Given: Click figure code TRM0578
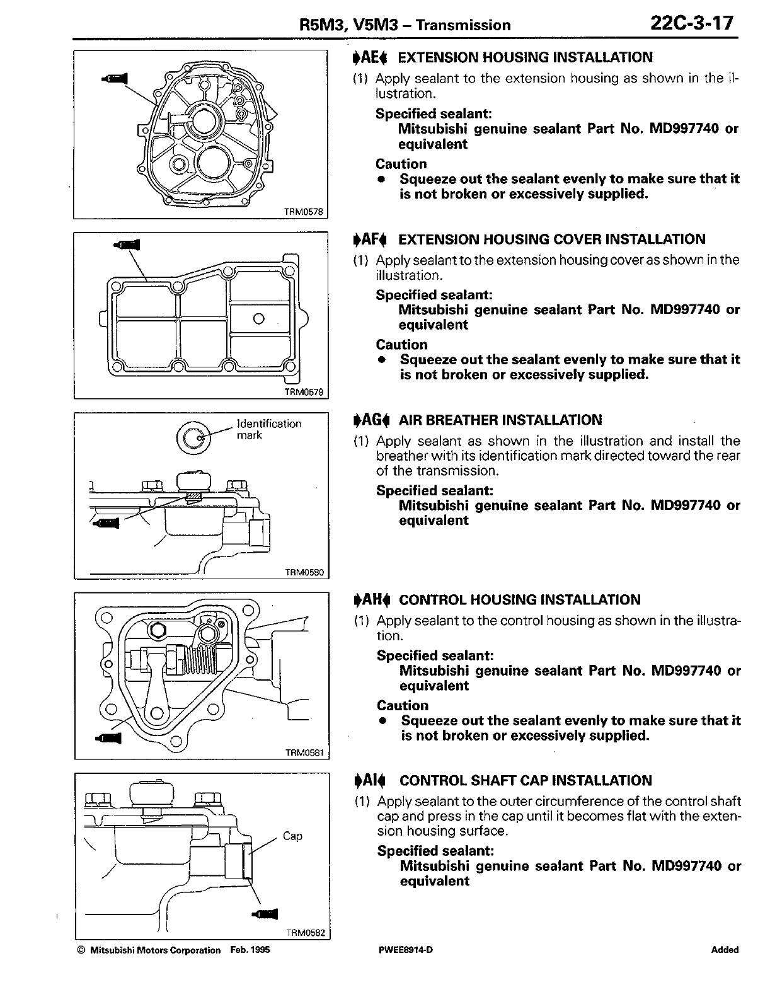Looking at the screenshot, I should [x=306, y=212].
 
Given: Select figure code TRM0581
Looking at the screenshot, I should [x=304, y=752].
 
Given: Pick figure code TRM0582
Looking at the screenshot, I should [x=305, y=933].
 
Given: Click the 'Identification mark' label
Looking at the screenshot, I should [x=268, y=429].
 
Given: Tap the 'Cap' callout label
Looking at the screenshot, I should [x=292, y=836].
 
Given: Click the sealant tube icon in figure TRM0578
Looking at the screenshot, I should [x=114, y=78].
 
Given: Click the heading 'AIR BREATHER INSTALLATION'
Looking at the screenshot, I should [x=500, y=420].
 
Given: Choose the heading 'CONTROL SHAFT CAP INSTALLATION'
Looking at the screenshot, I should [x=526, y=781].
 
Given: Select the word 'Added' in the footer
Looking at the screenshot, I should [x=725, y=950].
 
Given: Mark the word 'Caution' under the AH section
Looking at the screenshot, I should [x=402, y=705].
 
